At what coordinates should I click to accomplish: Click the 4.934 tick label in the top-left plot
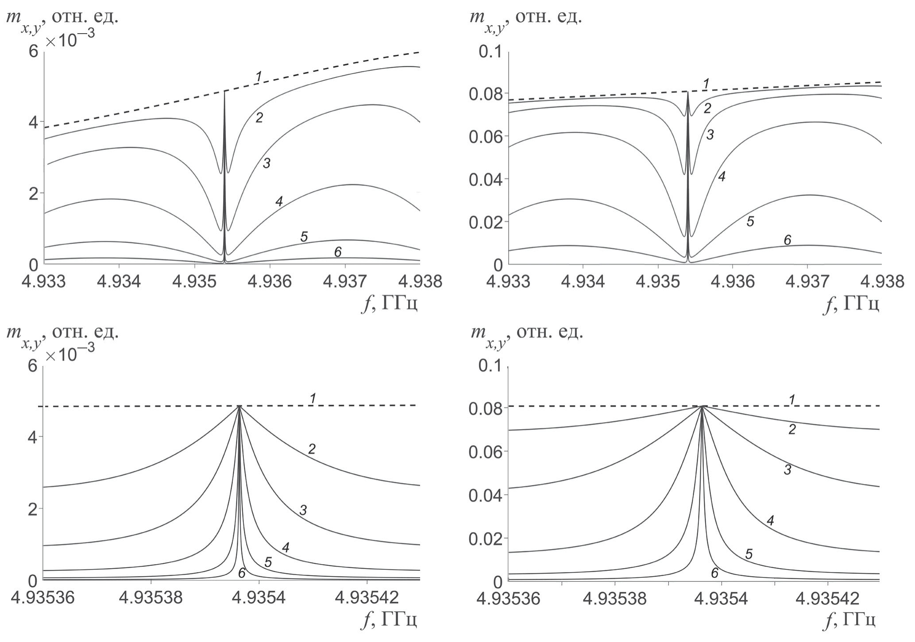[x=119, y=281]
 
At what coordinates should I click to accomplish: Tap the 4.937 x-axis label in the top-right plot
[x=807, y=281]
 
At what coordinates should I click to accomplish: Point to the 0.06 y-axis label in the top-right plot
[x=488, y=136]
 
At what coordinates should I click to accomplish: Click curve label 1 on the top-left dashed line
[x=258, y=77]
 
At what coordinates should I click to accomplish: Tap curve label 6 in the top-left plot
[x=337, y=252]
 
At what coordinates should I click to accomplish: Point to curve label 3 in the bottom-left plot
[x=303, y=510]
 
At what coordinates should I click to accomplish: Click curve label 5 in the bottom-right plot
[x=749, y=554]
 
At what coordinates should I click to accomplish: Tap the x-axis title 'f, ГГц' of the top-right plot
[x=850, y=305]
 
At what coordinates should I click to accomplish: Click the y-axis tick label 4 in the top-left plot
[x=34, y=122]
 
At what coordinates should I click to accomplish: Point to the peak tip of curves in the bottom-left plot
[x=239, y=406]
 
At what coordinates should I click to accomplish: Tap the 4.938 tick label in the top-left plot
[x=420, y=281]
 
